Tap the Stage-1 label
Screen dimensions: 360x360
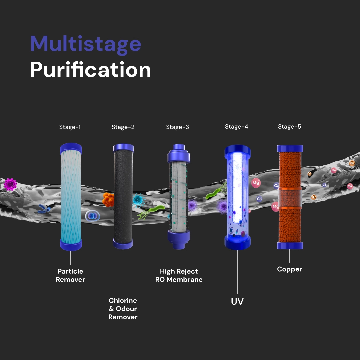(x=70, y=127)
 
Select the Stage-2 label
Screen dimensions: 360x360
(x=123, y=127)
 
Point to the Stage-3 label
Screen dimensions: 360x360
(x=177, y=127)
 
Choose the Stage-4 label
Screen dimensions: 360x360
(x=236, y=127)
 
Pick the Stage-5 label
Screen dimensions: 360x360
(x=289, y=127)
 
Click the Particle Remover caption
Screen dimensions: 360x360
(x=70, y=275)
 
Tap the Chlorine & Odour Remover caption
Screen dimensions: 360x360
(x=123, y=309)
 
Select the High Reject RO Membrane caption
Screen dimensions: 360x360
(x=179, y=275)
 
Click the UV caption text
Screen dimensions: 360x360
(x=237, y=302)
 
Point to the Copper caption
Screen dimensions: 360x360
(x=289, y=269)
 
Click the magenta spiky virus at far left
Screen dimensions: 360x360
(x=10, y=184)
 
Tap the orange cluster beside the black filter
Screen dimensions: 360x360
(x=108, y=199)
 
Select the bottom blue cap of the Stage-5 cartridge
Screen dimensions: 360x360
(x=290, y=246)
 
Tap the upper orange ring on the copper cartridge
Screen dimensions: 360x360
(x=290, y=189)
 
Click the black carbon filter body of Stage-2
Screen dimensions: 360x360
(x=123, y=197)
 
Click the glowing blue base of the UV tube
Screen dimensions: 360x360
(x=237, y=243)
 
